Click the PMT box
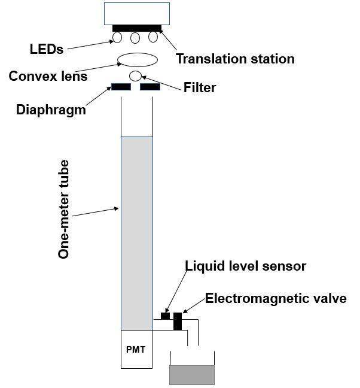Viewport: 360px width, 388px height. tap(136, 349)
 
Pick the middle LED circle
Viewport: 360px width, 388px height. tap(135, 38)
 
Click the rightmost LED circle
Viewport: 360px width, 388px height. tap(153, 37)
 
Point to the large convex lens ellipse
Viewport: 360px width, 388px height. tap(138, 59)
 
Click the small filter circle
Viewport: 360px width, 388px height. tap(136, 76)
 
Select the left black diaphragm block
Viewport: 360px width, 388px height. tap(121, 87)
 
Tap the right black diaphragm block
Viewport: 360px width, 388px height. tap(150, 87)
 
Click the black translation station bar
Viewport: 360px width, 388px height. tap(136, 28)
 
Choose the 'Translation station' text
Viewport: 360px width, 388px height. tap(235, 59)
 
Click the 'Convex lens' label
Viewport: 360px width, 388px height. tap(48, 77)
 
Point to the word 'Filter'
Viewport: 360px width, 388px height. tap(200, 88)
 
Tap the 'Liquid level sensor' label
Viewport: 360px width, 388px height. tap(245, 266)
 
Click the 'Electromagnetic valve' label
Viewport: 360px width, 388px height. tap(276, 298)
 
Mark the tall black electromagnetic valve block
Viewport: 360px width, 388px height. tap(177, 321)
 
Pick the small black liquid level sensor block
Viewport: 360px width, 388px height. tap(165, 316)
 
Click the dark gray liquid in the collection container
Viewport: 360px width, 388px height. tap(191, 374)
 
